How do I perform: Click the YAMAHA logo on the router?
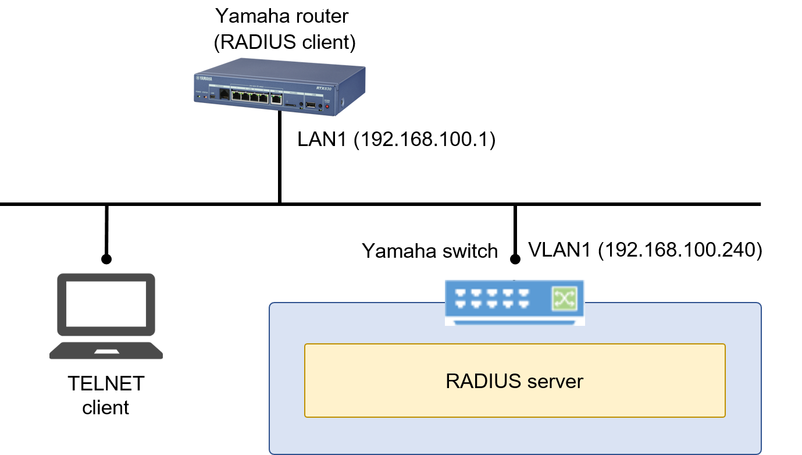[204, 79]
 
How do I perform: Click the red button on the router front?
[327, 106]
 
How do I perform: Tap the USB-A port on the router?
[311, 105]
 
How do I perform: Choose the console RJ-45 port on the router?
[224, 95]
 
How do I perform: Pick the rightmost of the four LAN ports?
[263, 98]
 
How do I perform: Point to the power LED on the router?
[198, 95]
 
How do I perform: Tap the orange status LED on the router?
[205, 96]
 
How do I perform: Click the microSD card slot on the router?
[290, 105]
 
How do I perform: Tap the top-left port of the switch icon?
[461, 293]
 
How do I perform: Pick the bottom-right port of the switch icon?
[523, 304]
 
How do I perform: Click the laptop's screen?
[106, 304]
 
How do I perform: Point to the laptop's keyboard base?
[106, 351]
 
